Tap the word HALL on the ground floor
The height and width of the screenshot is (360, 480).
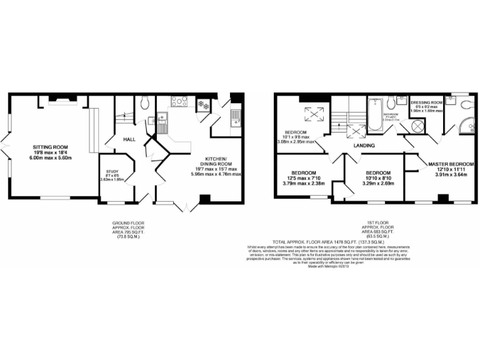coord(129,139)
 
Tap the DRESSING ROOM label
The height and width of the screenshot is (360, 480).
coord(427,102)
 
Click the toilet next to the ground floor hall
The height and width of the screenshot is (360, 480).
coord(145,102)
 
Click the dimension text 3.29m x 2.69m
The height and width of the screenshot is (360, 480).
coord(378,184)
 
